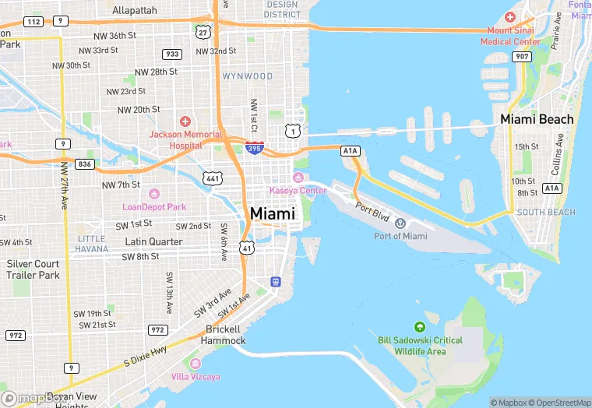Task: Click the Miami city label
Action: pyautogui.click(x=273, y=213)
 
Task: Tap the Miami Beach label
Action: pyautogui.click(x=537, y=119)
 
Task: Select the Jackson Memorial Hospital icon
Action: pyautogui.click(x=185, y=121)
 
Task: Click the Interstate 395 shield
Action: pyautogui.click(x=254, y=147)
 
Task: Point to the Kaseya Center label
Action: pyautogui.click(x=298, y=191)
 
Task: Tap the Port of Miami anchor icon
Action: pyautogui.click(x=400, y=224)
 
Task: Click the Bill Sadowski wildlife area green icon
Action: pyautogui.click(x=420, y=327)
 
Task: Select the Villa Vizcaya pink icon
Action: pyautogui.click(x=196, y=364)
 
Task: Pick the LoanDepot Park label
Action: pyautogui.click(x=154, y=207)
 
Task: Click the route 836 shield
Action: pyautogui.click(x=85, y=164)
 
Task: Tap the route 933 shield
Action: pyautogui.click(x=172, y=54)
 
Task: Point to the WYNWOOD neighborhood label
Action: pyautogui.click(x=248, y=76)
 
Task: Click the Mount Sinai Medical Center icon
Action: pyautogui.click(x=509, y=17)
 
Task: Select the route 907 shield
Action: pyautogui.click(x=522, y=56)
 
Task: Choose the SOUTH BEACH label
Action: pyautogui.click(x=546, y=213)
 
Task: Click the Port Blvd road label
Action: pyautogui.click(x=371, y=210)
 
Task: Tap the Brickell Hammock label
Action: pyautogui.click(x=223, y=335)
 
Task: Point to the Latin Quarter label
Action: pyautogui.click(x=154, y=241)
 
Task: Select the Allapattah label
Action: pyautogui.click(x=134, y=10)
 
